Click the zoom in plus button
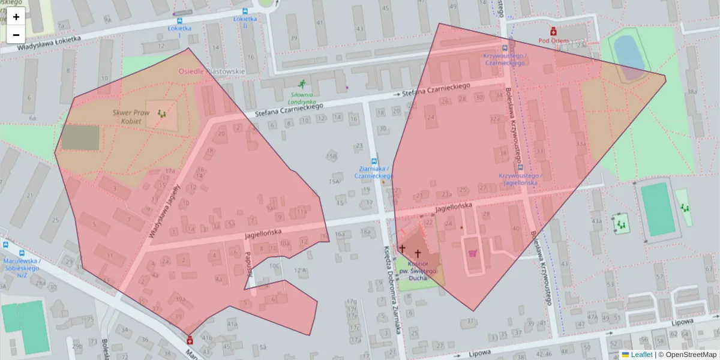(16, 17)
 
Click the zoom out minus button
(16, 35)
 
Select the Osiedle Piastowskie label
(212, 71)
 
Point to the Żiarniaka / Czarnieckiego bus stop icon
(374, 161)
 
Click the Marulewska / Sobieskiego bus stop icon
(5, 245)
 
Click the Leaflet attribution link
(641, 355)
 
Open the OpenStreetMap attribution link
(687, 355)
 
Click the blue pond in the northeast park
(628, 53)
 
